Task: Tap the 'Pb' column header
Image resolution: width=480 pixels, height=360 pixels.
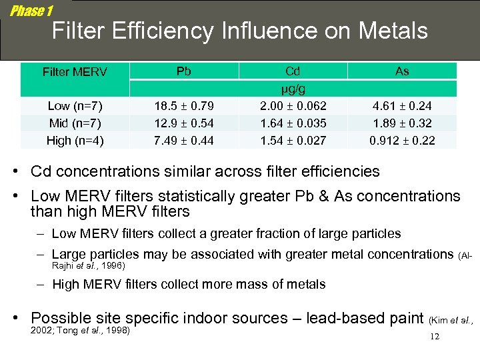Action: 184,71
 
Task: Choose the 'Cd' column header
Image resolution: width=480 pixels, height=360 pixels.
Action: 293,71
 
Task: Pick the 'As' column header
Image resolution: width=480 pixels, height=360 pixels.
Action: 402,71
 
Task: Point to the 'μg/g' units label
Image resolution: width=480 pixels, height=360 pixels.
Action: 293,88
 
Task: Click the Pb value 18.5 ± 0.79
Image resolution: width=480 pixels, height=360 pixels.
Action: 184,105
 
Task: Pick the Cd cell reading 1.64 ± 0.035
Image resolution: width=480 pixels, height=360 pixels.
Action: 293,123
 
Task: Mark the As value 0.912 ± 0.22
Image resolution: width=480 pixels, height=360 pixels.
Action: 402,140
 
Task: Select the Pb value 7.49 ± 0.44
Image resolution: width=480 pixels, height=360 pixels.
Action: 184,140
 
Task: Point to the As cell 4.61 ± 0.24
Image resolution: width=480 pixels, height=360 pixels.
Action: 402,105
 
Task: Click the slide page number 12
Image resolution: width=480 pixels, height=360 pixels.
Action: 435,337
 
